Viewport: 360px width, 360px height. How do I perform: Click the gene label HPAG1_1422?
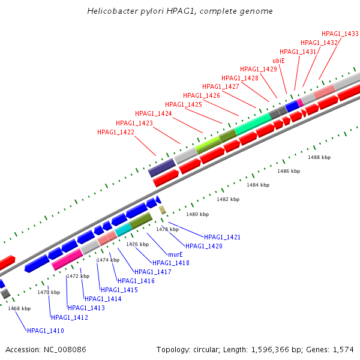pyautogui.click(x=116, y=132)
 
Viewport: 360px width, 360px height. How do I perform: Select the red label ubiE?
pyautogui.click(x=278, y=61)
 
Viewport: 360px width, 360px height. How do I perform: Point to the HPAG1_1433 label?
pyautogui.click(x=340, y=34)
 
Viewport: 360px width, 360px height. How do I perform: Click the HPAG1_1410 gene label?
pyautogui.click(x=45, y=331)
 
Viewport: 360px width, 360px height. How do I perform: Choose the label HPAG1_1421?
pyautogui.click(x=222, y=238)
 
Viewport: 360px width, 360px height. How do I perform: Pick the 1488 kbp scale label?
pyautogui.click(x=319, y=157)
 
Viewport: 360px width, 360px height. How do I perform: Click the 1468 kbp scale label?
pyautogui.click(x=19, y=308)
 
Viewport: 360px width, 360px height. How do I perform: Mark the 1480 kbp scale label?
pyautogui.click(x=197, y=214)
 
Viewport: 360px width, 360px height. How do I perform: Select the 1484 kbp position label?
pyautogui.click(x=258, y=185)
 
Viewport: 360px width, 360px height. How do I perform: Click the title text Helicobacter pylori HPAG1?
pyautogui.click(x=138, y=11)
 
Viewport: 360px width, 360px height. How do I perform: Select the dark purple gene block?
pyautogui.click(x=161, y=167)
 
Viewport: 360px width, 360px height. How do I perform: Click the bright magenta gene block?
pyautogui.click(x=67, y=259)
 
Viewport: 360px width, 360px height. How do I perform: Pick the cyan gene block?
pyautogui.click(x=123, y=230)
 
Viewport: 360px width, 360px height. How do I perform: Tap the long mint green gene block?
pyautogui.click(x=253, y=123)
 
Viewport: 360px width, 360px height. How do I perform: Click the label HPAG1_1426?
pyautogui.click(x=202, y=95)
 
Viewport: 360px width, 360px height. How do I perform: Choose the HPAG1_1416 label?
pyautogui.click(x=136, y=281)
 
